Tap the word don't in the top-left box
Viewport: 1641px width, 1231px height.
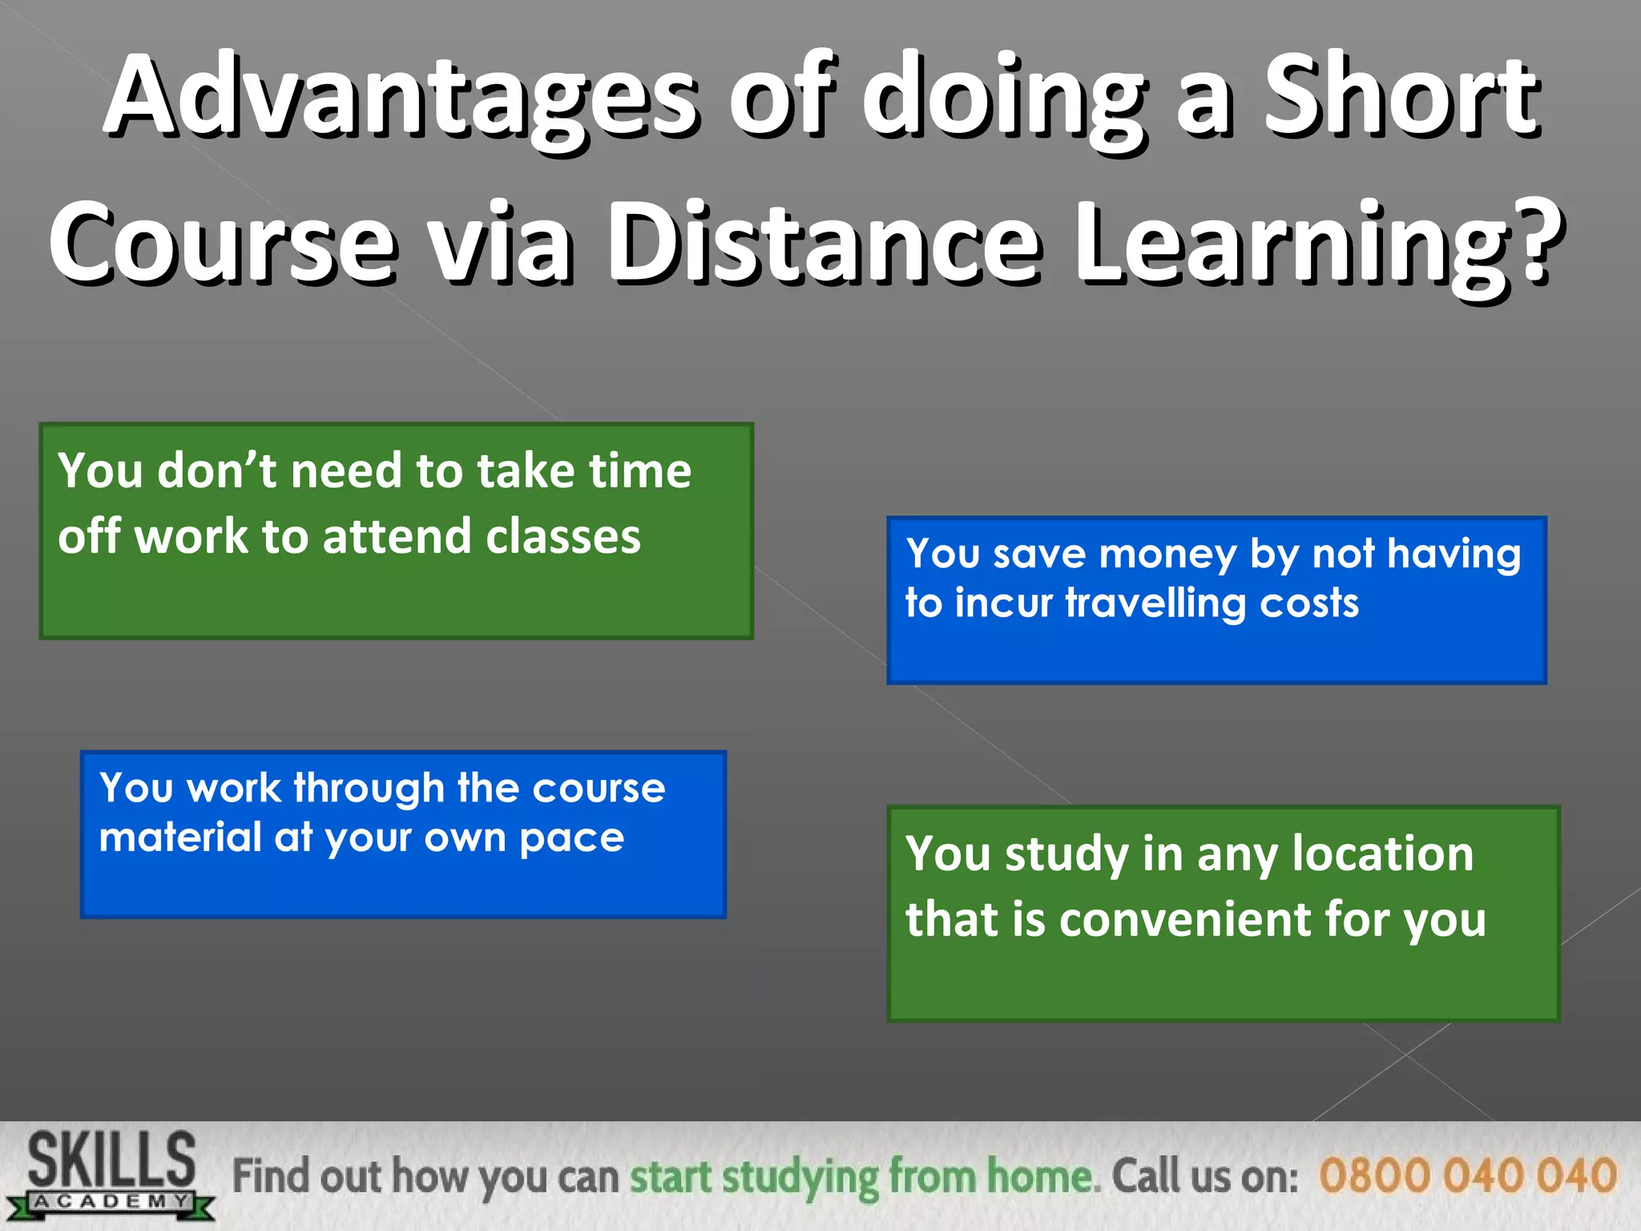[216, 470]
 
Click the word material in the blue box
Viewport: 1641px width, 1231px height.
[179, 837]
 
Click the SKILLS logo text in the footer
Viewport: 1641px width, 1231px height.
[111, 1159]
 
